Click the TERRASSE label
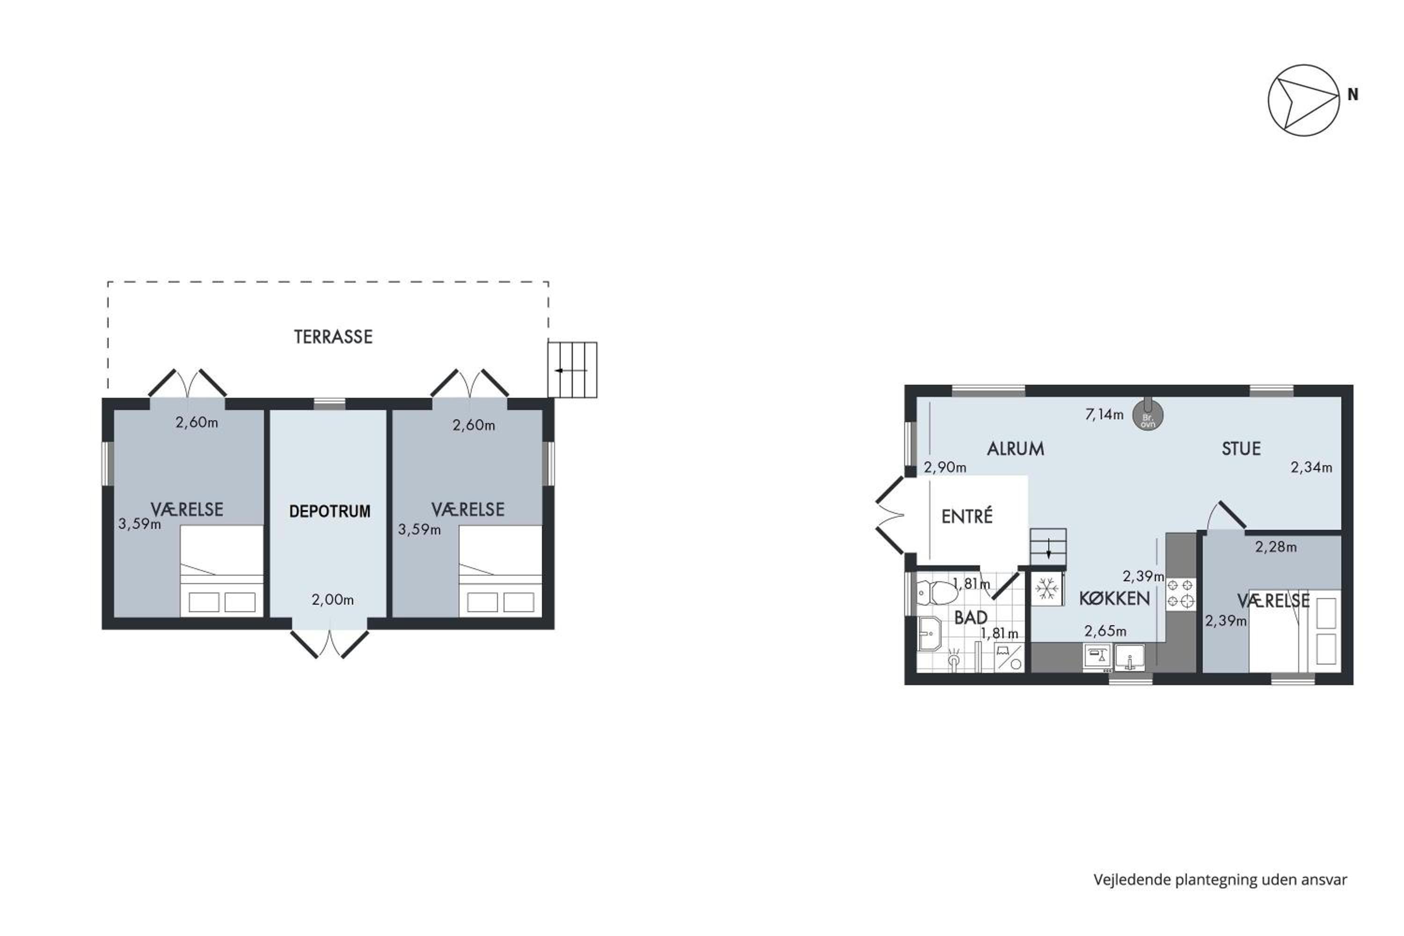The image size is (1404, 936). coord(333,336)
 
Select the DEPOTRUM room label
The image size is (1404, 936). coord(329,511)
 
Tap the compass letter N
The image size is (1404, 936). coord(1353,95)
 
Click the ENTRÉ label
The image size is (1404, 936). coord(967,516)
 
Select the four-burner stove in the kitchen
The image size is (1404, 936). coord(1180,593)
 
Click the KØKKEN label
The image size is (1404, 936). coord(1114,599)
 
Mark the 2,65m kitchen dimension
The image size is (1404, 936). coord(1105,631)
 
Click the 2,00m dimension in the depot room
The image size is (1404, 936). coord(332,600)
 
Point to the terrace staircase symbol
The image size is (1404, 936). coord(572,370)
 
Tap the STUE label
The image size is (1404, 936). coord(1241,449)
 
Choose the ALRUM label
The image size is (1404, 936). coord(1016,449)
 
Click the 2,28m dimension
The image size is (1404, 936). coord(1276,547)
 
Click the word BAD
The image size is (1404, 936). coord(971,618)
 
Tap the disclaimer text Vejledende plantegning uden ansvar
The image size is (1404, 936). coord(1220,880)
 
